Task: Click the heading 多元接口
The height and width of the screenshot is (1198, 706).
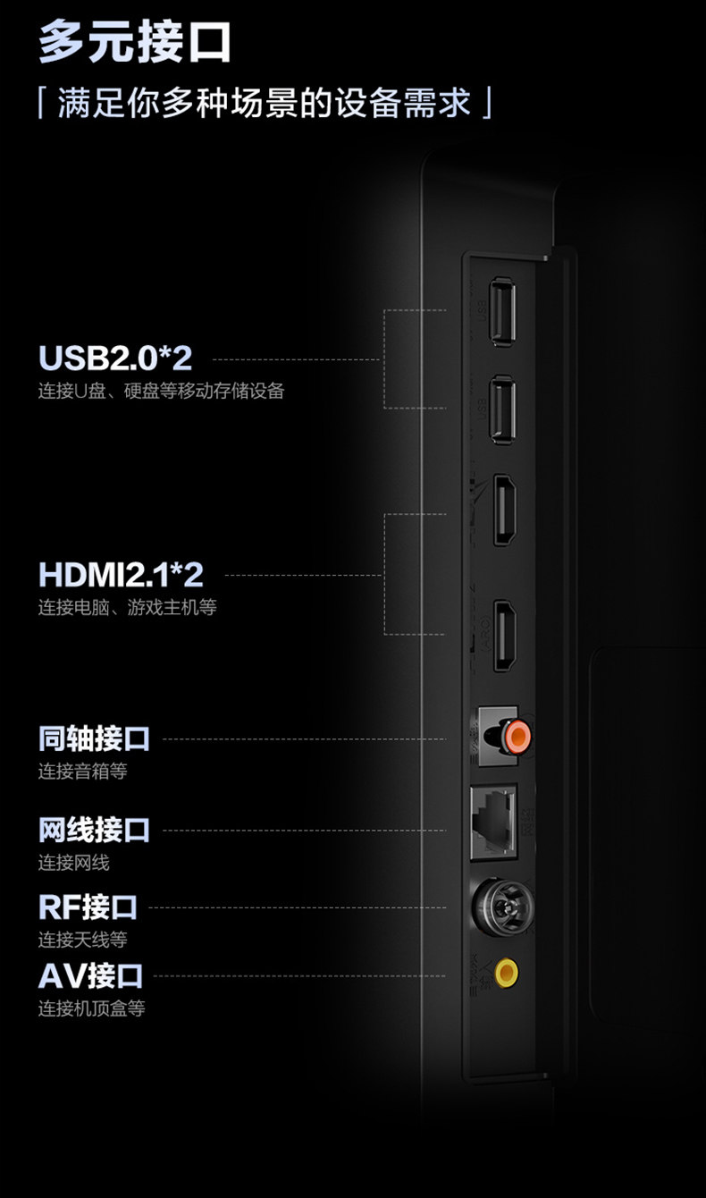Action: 135,42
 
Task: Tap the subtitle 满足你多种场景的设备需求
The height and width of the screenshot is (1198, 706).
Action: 264,102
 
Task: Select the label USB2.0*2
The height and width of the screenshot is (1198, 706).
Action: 115,358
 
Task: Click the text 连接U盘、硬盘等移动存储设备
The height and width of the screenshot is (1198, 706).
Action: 161,391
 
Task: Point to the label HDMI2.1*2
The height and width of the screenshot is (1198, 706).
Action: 121,574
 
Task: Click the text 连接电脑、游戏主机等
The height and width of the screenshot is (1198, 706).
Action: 127,608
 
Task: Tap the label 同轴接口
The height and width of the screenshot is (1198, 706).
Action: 94,738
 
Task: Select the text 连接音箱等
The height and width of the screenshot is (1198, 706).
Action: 82,771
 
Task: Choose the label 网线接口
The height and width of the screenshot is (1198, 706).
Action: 94,830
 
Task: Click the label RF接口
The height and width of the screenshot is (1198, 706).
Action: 88,907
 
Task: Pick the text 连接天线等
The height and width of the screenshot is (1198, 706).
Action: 82,940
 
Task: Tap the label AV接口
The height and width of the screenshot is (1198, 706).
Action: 90,974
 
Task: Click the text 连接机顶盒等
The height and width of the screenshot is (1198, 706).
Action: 91,1008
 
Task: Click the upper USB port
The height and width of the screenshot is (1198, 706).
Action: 502,311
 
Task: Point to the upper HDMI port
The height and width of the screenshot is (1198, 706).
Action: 503,510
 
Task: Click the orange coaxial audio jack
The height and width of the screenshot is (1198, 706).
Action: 516,737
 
